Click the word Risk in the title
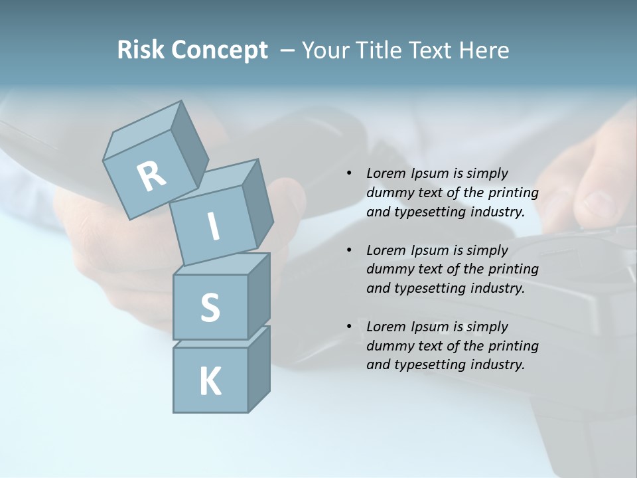[139, 50]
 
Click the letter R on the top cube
[151, 177]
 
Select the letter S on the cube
[210, 307]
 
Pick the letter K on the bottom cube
[210, 381]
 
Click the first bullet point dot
[349, 174]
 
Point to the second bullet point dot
[349, 250]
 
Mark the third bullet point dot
[349, 327]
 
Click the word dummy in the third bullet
[388, 346]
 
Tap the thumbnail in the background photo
[601, 203]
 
